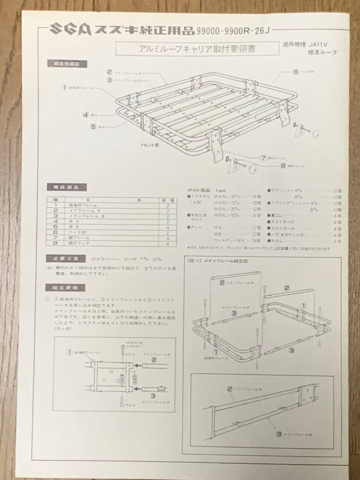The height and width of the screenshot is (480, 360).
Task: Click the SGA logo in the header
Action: point(67,30)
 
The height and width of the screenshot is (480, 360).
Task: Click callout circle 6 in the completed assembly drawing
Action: point(296,71)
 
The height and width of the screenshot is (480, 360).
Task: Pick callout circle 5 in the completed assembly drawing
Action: point(94,127)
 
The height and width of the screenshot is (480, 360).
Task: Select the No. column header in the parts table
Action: point(56,200)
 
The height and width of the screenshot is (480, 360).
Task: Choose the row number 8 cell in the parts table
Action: point(56,244)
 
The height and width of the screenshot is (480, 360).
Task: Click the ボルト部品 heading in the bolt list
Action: point(199,190)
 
